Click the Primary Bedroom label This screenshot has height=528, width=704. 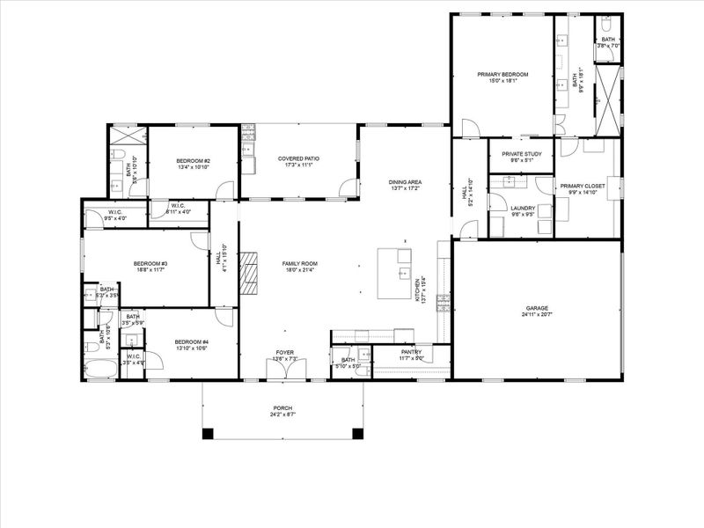pos(502,75)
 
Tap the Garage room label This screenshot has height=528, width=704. pos(536,308)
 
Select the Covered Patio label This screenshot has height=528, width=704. pos(298,158)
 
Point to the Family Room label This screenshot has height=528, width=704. pos(299,264)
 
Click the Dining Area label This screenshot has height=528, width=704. pos(406,182)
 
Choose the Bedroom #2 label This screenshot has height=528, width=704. pos(193,160)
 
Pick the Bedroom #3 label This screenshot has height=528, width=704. pos(150,264)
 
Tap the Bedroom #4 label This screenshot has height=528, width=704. pos(191,341)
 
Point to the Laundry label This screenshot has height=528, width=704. pos(524,208)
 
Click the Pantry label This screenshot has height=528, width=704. pos(412,352)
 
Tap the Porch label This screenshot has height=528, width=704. pos(282,408)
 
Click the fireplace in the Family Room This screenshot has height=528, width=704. pos(253,272)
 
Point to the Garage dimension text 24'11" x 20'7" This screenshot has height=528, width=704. pos(536,314)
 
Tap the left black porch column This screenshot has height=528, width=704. pos(208,433)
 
